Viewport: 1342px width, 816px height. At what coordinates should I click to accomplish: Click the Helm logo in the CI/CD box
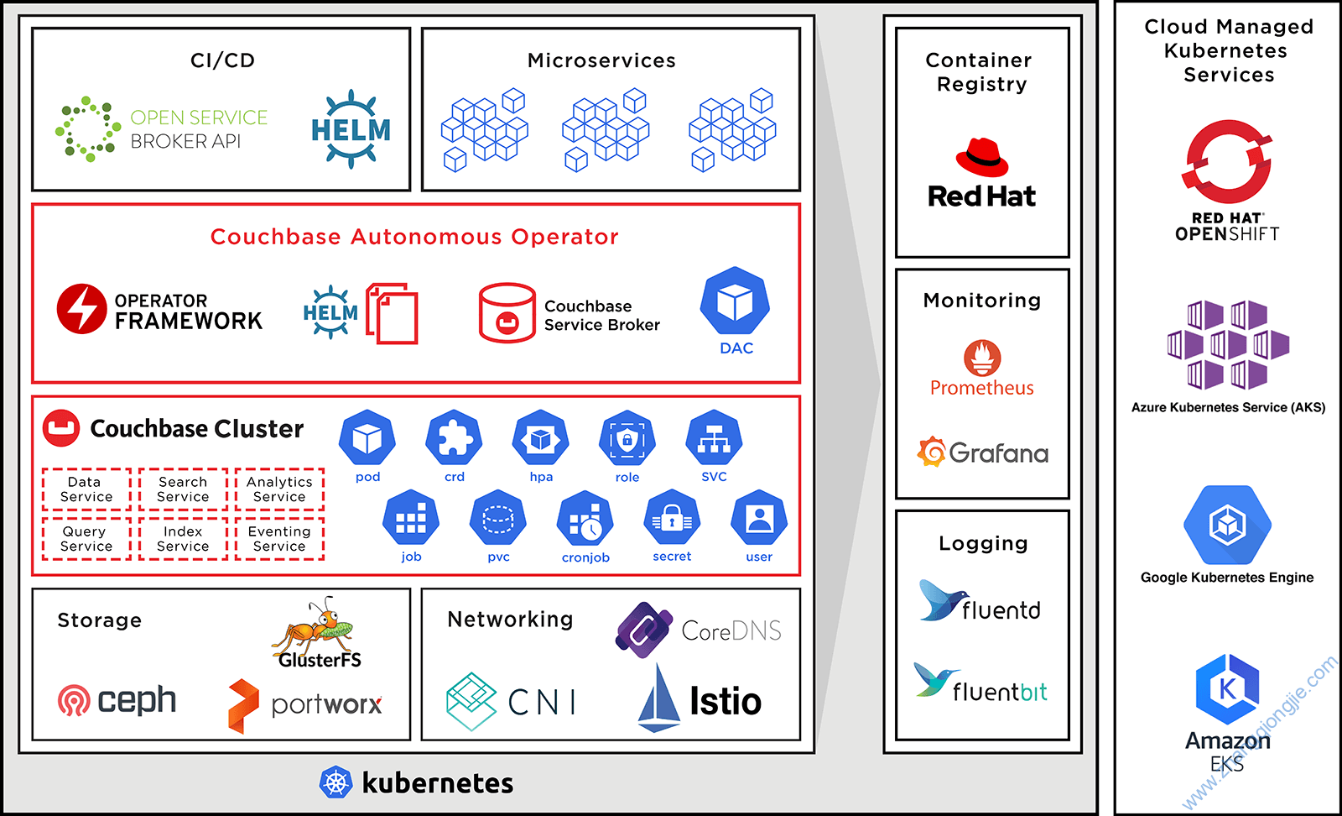click(x=351, y=129)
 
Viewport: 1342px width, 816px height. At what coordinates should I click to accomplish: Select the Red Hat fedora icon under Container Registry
click(x=981, y=157)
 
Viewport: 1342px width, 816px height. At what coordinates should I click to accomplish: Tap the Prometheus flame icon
click(x=981, y=358)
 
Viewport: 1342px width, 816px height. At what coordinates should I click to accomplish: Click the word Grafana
click(x=998, y=454)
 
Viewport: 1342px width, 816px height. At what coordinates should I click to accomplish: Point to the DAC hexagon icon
click(x=735, y=301)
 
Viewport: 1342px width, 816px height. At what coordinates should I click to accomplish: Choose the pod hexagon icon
click(x=367, y=438)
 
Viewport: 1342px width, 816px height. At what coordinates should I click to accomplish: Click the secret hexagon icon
click(x=672, y=520)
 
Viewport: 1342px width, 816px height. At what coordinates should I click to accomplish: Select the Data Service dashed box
click(x=86, y=489)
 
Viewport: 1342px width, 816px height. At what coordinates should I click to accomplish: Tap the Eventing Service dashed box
click(x=279, y=539)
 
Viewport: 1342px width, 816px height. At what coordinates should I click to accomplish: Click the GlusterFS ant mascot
click(x=317, y=626)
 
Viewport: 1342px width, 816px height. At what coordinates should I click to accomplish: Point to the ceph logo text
click(x=136, y=699)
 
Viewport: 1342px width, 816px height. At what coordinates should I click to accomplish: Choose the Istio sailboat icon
click(x=658, y=698)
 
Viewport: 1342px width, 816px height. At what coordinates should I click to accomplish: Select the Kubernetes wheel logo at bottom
click(x=335, y=783)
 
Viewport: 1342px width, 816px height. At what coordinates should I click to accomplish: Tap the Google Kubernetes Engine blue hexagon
click(x=1227, y=526)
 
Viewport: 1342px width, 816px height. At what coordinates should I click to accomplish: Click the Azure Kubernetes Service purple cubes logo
click(x=1228, y=345)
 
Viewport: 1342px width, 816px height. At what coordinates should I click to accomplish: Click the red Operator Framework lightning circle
click(x=81, y=309)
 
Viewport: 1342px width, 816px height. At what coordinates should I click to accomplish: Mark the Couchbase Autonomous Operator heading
click(x=414, y=237)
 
